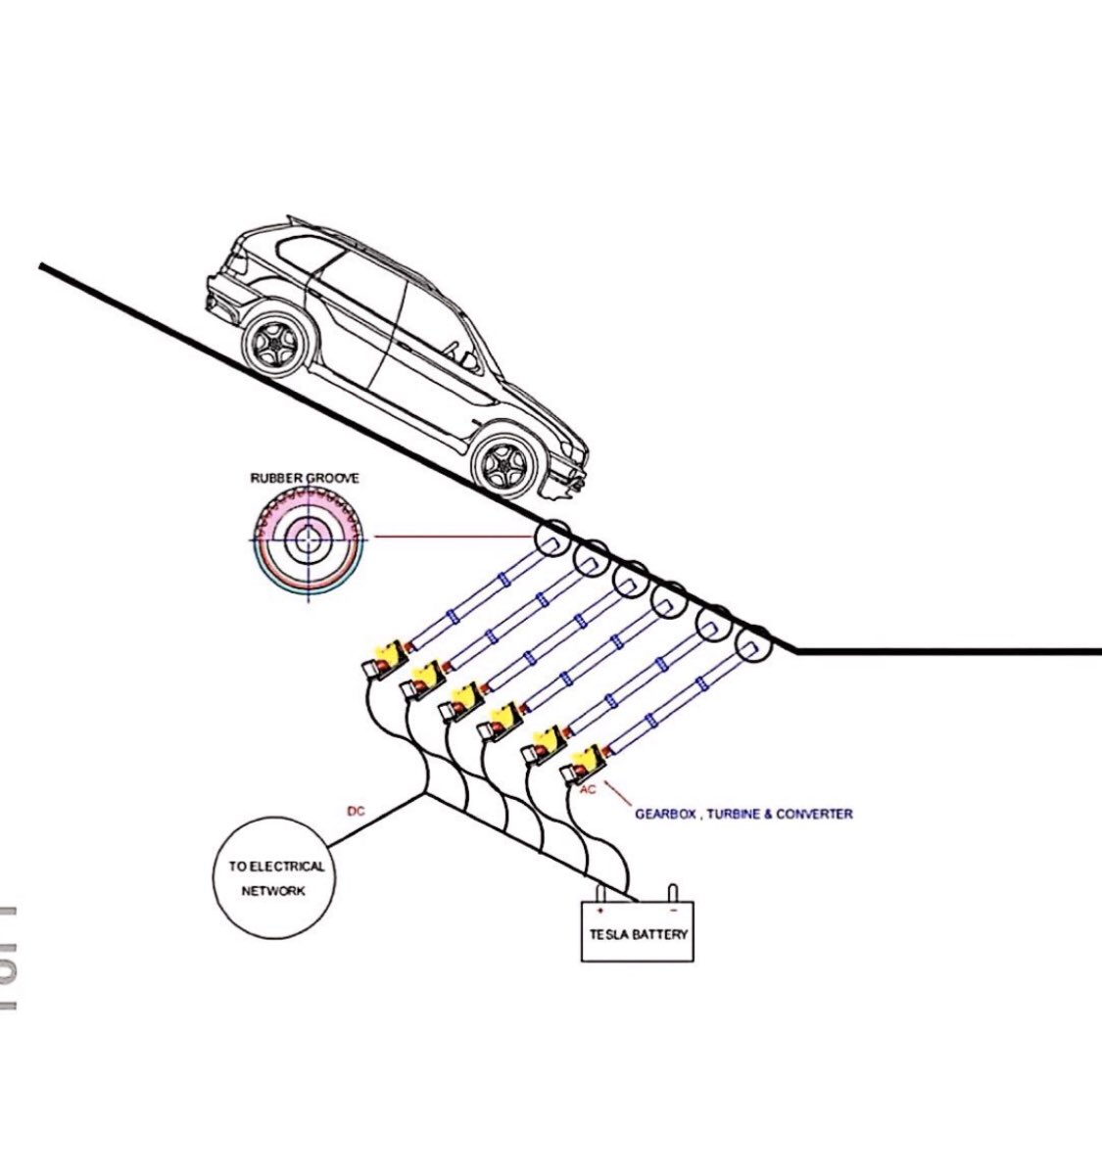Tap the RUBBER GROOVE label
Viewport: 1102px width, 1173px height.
[305, 478]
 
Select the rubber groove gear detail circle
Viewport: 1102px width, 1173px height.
[310, 538]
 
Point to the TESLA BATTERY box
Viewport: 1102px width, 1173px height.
[638, 933]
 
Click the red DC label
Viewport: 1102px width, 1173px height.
[357, 811]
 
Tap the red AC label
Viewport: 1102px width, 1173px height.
[588, 788]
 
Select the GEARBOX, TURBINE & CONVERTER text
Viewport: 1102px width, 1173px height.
[743, 813]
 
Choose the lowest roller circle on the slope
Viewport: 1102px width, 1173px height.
[752, 646]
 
